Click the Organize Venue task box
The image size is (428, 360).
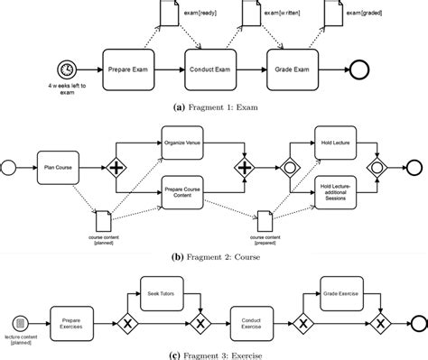pos(184,143)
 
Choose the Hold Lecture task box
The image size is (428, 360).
pos(335,143)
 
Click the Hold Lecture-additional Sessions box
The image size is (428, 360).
pos(335,190)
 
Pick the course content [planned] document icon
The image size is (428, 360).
pos(103,217)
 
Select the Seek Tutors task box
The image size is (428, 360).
pos(159,292)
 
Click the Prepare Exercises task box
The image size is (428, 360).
pos(76,322)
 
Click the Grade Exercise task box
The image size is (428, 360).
pos(340,292)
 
